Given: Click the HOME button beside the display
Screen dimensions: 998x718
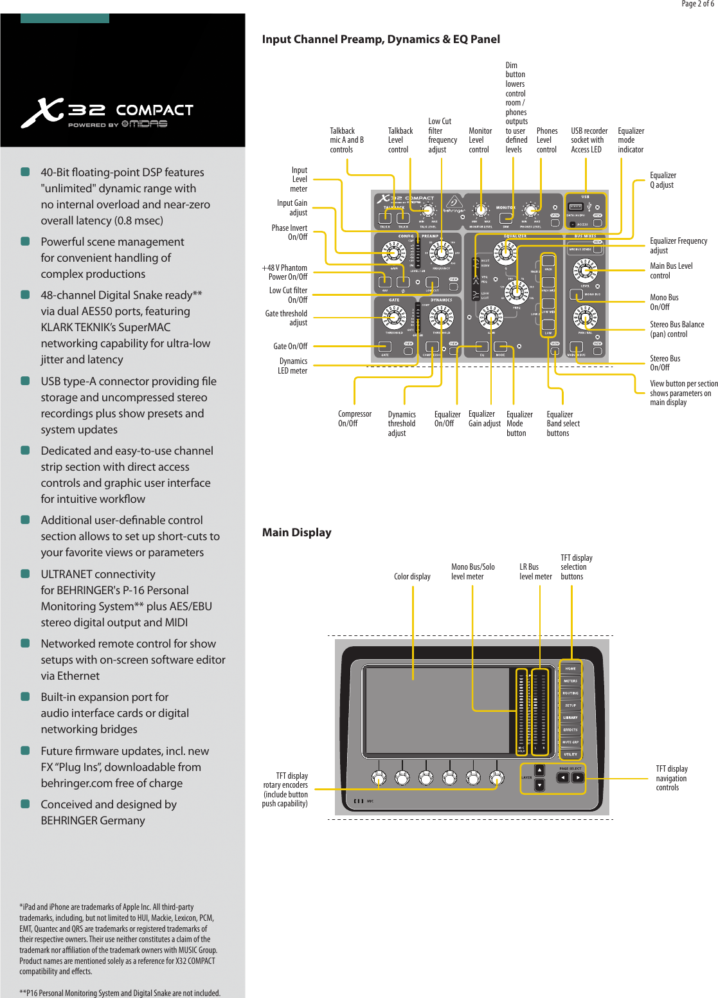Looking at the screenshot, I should tap(570, 668).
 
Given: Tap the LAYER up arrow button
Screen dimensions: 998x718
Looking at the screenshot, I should tap(539, 770).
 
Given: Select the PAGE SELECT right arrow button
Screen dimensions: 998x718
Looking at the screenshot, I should tap(578, 777).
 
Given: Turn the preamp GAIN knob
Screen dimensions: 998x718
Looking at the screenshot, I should tap(393, 253).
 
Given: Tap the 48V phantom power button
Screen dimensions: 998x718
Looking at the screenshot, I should tap(385, 282).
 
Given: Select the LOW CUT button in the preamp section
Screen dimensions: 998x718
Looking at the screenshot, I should tap(433, 282).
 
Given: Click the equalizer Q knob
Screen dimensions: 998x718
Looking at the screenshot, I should tap(505, 251).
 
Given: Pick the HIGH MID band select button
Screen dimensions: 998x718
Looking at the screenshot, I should tap(548, 282).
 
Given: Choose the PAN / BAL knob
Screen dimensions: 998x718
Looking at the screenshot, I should tap(584, 317).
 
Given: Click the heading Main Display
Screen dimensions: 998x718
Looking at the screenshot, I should tap(296, 532).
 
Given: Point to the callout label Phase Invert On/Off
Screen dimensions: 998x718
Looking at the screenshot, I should tap(289, 232).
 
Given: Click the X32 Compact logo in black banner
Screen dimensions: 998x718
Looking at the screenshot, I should tap(107, 113).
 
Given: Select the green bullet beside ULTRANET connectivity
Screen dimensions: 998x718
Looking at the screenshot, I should tap(25, 574).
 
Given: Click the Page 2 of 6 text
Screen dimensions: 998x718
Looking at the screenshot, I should tap(697, 4).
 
